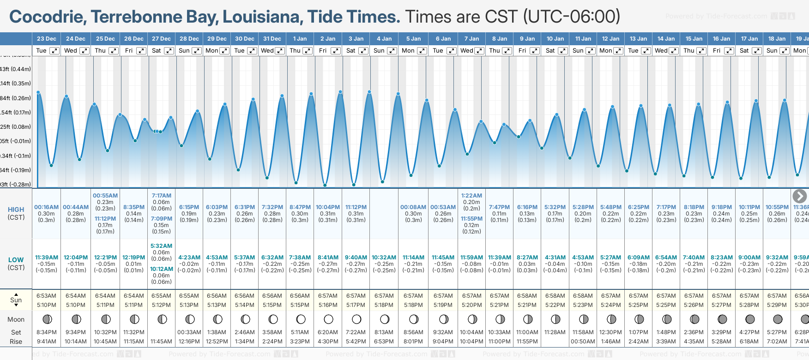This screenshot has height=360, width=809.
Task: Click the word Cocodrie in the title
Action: click(47, 17)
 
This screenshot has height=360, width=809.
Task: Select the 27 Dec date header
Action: click(161, 39)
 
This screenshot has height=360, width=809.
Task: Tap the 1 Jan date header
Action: click(300, 39)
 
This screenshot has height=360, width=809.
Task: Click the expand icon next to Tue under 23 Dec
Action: click(54, 51)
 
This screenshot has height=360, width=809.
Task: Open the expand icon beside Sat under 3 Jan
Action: click(363, 51)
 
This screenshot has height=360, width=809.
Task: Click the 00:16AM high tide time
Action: click(46, 207)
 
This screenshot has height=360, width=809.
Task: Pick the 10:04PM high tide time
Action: click(328, 207)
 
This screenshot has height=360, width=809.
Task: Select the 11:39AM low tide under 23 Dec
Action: click(47, 258)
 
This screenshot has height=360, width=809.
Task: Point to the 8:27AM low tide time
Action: click(527, 258)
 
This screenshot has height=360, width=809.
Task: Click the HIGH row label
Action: click(16, 210)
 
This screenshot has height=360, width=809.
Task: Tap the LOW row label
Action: click(16, 260)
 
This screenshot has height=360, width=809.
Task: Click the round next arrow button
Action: click(799, 196)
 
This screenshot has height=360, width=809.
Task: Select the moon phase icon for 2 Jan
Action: click(328, 319)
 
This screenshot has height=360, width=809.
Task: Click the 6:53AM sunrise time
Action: click(46, 296)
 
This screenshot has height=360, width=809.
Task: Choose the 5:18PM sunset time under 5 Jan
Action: click(413, 305)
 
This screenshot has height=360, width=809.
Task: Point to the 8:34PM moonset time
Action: click(46, 332)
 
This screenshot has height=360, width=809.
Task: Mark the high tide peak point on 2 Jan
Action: click(340, 92)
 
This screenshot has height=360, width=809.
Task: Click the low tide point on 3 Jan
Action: click(354, 185)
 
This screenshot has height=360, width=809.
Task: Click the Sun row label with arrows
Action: click(16, 300)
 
